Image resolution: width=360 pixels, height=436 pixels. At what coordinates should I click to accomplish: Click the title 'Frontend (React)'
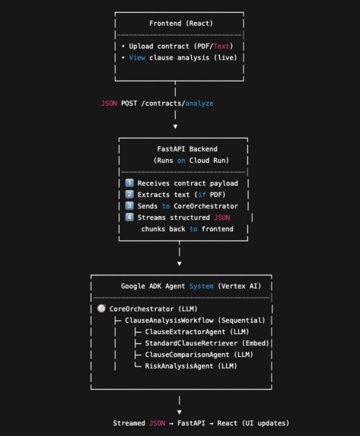176,24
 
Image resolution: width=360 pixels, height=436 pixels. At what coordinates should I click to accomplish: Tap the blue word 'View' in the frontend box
137,58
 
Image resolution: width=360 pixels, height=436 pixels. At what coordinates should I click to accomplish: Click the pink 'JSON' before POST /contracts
109,103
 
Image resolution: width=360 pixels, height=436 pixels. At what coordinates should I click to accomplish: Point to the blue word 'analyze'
199,103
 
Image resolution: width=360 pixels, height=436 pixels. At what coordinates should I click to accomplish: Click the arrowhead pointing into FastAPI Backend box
176,126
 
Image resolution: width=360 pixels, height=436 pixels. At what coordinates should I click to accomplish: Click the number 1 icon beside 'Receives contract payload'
129,183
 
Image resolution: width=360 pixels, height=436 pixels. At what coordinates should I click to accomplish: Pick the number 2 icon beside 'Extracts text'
129,195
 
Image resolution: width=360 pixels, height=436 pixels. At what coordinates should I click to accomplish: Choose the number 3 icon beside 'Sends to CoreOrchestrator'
129,206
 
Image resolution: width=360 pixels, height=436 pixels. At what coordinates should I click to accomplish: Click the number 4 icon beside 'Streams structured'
129,218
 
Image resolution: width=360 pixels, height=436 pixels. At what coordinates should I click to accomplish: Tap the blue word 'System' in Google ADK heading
202,286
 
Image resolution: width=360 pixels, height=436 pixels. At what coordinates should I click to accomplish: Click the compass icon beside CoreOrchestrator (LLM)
102,309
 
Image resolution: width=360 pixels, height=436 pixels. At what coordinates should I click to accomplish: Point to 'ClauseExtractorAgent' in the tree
183,332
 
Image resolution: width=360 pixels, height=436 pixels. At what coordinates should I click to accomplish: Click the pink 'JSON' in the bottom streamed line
157,423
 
